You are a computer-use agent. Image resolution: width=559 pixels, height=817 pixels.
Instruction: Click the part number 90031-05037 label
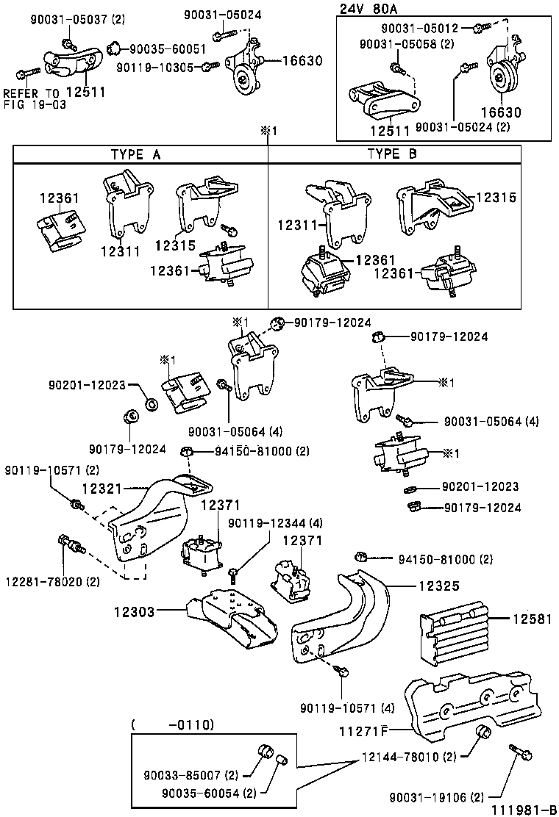67,19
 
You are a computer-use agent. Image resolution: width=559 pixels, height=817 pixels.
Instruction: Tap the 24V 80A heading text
370,9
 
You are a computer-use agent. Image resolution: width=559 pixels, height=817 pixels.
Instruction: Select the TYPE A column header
136,154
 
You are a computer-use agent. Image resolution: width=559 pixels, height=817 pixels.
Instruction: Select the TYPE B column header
393,154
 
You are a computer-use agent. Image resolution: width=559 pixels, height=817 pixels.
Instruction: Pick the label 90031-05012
419,28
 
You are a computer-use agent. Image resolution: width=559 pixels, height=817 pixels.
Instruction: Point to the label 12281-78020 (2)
52,581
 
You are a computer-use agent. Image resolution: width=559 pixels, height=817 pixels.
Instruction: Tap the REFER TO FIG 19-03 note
34,99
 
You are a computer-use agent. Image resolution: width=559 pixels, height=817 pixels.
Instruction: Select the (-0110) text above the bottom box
174,724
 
